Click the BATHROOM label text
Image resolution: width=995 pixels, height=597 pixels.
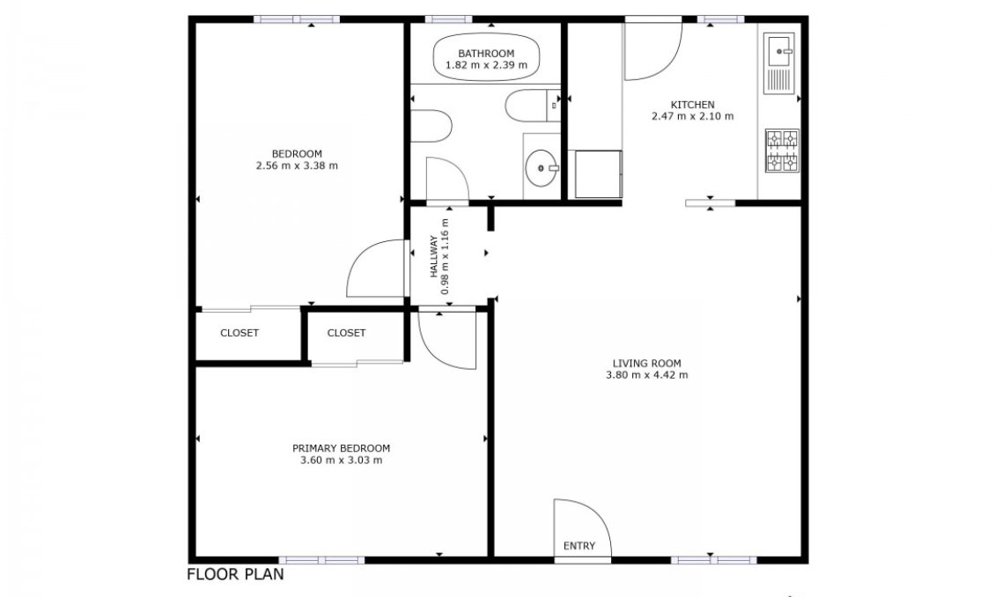pyautogui.click(x=486, y=54)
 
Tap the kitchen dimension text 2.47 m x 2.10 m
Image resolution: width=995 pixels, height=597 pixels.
pyautogui.click(x=692, y=116)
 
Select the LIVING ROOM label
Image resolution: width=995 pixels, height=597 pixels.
pyautogui.click(x=646, y=364)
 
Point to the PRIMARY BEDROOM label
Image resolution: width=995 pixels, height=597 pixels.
pyautogui.click(x=342, y=448)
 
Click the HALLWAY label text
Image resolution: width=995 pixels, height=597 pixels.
pyautogui.click(x=434, y=256)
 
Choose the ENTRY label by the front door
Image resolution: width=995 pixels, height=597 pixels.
pyautogui.click(x=579, y=546)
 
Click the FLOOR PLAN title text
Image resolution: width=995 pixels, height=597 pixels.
pyautogui.click(x=235, y=574)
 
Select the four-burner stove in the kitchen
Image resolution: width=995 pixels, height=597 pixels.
pyautogui.click(x=782, y=151)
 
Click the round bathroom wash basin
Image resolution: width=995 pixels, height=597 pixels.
pyautogui.click(x=541, y=168)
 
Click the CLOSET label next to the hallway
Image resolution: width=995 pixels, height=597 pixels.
pyautogui.click(x=346, y=333)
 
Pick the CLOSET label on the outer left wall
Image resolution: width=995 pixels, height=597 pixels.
pyautogui.click(x=240, y=333)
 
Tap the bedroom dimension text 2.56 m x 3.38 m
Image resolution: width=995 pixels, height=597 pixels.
pyautogui.click(x=297, y=166)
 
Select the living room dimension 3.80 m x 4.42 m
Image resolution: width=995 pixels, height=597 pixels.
pyautogui.click(x=646, y=375)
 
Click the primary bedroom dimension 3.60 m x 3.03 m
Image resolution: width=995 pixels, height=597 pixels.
pyautogui.click(x=342, y=460)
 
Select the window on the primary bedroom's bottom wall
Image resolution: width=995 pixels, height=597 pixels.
pyautogui.click(x=321, y=560)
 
